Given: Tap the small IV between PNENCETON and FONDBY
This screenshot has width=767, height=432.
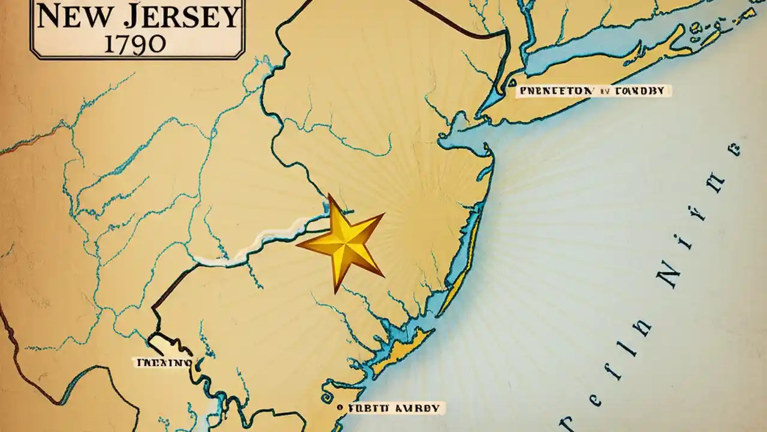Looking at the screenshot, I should click(x=604, y=92).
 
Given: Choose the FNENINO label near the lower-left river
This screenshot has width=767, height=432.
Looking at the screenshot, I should click(x=164, y=362).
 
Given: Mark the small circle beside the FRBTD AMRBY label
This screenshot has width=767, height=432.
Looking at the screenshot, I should click(x=340, y=407).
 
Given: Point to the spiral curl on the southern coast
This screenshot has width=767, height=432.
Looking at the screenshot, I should click(x=327, y=397).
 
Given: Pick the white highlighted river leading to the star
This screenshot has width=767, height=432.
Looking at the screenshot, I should click(x=258, y=246).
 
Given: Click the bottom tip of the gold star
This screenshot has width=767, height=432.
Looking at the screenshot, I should click(x=337, y=292).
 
